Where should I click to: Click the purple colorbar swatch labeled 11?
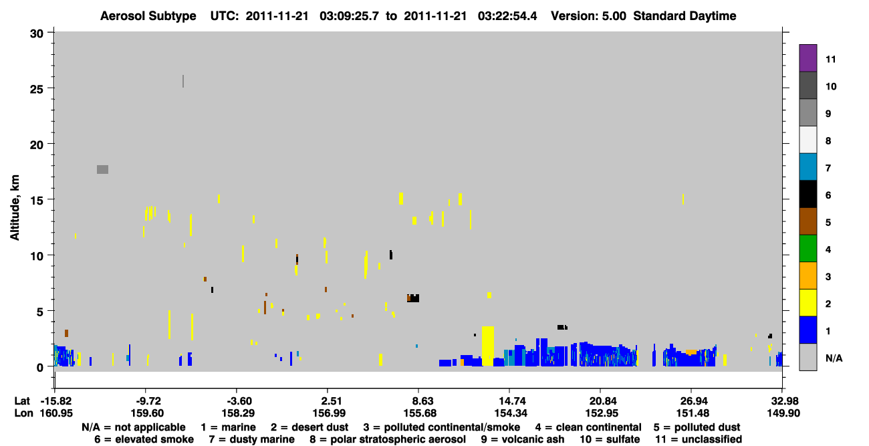click(808, 58)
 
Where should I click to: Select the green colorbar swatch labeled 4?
click(808, 249)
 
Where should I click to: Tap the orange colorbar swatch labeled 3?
click(808, 275)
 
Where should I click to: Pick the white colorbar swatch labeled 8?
click(808, 140)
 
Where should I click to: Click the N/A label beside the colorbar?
click(834, 358)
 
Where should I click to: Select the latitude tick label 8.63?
click(419, 401)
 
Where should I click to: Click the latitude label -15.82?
click(56, 401)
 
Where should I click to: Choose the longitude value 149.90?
click(783, 413)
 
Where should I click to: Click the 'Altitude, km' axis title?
click(15, 208)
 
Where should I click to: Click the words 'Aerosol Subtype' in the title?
click(148, 16)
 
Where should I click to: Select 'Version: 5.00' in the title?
click(588, 16)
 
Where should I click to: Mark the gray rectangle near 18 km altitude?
click(102, 170)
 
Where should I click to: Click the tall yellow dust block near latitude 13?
click(488, 346)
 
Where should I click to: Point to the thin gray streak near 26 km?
click(183, 81)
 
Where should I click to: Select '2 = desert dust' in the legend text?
click(309, 427)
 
